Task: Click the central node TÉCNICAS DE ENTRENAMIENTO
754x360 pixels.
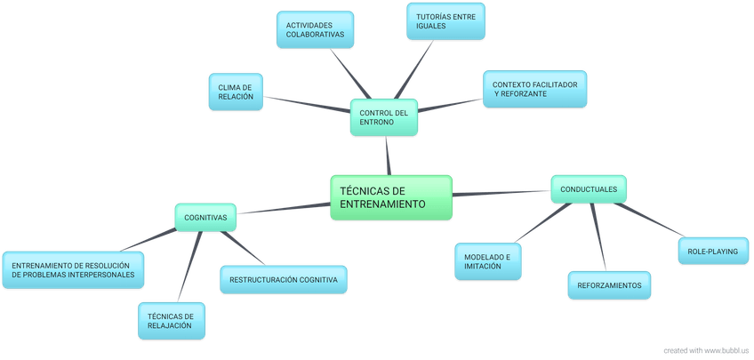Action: pos(391,196)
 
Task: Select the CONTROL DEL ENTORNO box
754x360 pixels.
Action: pos(383,117)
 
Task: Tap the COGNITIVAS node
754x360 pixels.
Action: pos(205,217)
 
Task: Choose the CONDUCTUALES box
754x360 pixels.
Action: pos(589,188)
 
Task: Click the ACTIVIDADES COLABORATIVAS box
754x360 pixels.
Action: pos(315,29)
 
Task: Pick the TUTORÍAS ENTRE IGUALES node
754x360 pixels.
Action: pos(445,21)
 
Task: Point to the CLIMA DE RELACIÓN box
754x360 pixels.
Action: pos(236,92)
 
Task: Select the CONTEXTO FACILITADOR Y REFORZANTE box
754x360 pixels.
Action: pos(534,89)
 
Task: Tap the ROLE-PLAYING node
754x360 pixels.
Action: pos(713,252)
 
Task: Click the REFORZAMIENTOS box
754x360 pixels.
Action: pos(609,284)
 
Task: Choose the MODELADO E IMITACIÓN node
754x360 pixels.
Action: pos(487,261)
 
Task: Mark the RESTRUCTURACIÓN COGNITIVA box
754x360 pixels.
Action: pos(283,279)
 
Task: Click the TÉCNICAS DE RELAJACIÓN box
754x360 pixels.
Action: pos(172,321)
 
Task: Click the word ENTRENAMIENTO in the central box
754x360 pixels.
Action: pos(383,204)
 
